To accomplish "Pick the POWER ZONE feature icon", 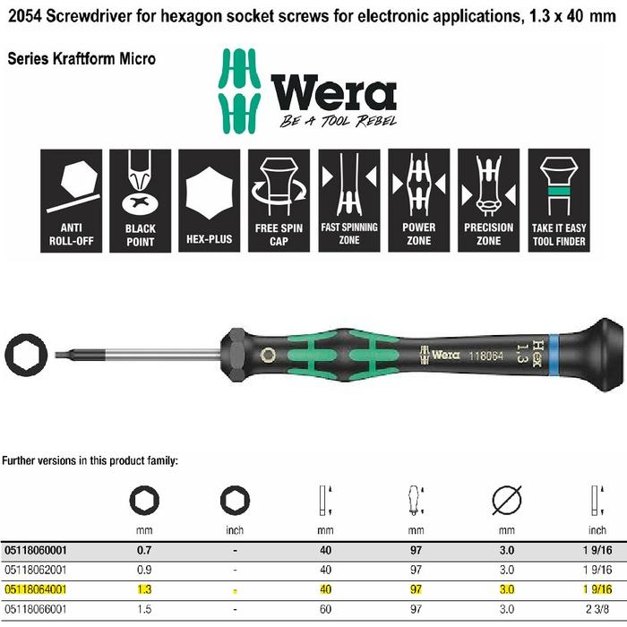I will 419,200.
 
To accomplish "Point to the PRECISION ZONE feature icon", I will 488,200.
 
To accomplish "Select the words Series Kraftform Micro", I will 82,58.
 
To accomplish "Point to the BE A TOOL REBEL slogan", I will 337,121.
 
